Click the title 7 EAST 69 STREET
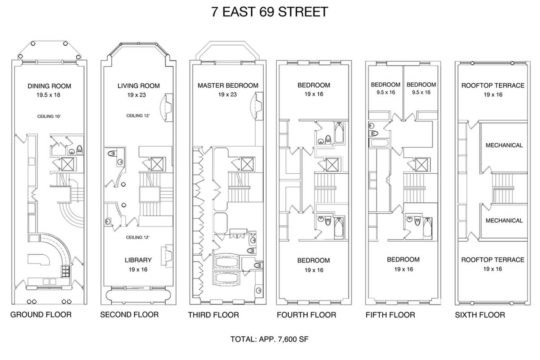pyautogui.click(x=270, y=12)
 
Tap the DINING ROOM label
pyautogui.click(x=49, y=86)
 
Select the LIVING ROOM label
pyautogui.click(x=138, y=86)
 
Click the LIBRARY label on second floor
pyautogui.click(x=138, y=260)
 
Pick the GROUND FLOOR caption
pyautogui.click(x=41, y=314)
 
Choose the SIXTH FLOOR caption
pyautogui.click(x=480, y=315)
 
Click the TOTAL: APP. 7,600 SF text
pyautogui.click(x=269, y=339)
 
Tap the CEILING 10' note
pyautogui.click(x=49, y=116)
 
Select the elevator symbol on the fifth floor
pyautogui.click(x=421, y=165)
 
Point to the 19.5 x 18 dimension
pyautogui.click(x=49, y=95)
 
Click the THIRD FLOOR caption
pyautogui.click(x=213, y=315)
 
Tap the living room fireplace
pyautogui.click(x=167, y=107)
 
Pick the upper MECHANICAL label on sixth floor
pyautogui.click(x=504, y=145)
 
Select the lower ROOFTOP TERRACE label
pyautogui.click(x=493, y=260)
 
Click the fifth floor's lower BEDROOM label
pyautogui.click(x=403, y=260)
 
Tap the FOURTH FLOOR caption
pyautogui.click(x=306, y=315)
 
